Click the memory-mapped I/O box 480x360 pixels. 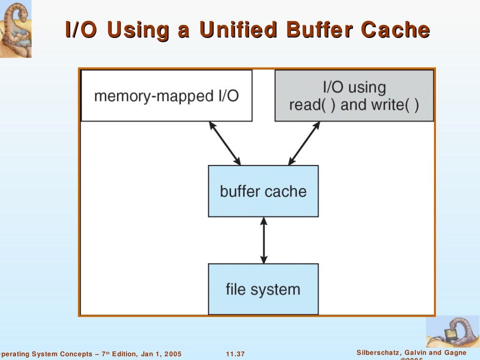(x=166, y=96)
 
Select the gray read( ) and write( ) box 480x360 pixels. (x=354, y=96)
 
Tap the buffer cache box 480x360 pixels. (x=263, y=191)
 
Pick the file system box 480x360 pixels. (x=263, y=289)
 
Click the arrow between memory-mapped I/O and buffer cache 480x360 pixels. (x=225, y=143)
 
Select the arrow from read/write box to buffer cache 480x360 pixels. (x=304, y=143)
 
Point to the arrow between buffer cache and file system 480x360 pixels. (x=263, y=240)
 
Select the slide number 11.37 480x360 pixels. (x=235, y=354)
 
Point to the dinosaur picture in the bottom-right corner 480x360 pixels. (x=452, y=331)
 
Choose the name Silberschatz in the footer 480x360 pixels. (x=379, y=352)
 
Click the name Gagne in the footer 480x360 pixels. (x=455, y=352)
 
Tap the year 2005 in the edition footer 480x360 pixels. (x=172, y=354)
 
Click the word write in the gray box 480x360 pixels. (x=388, y=105)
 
